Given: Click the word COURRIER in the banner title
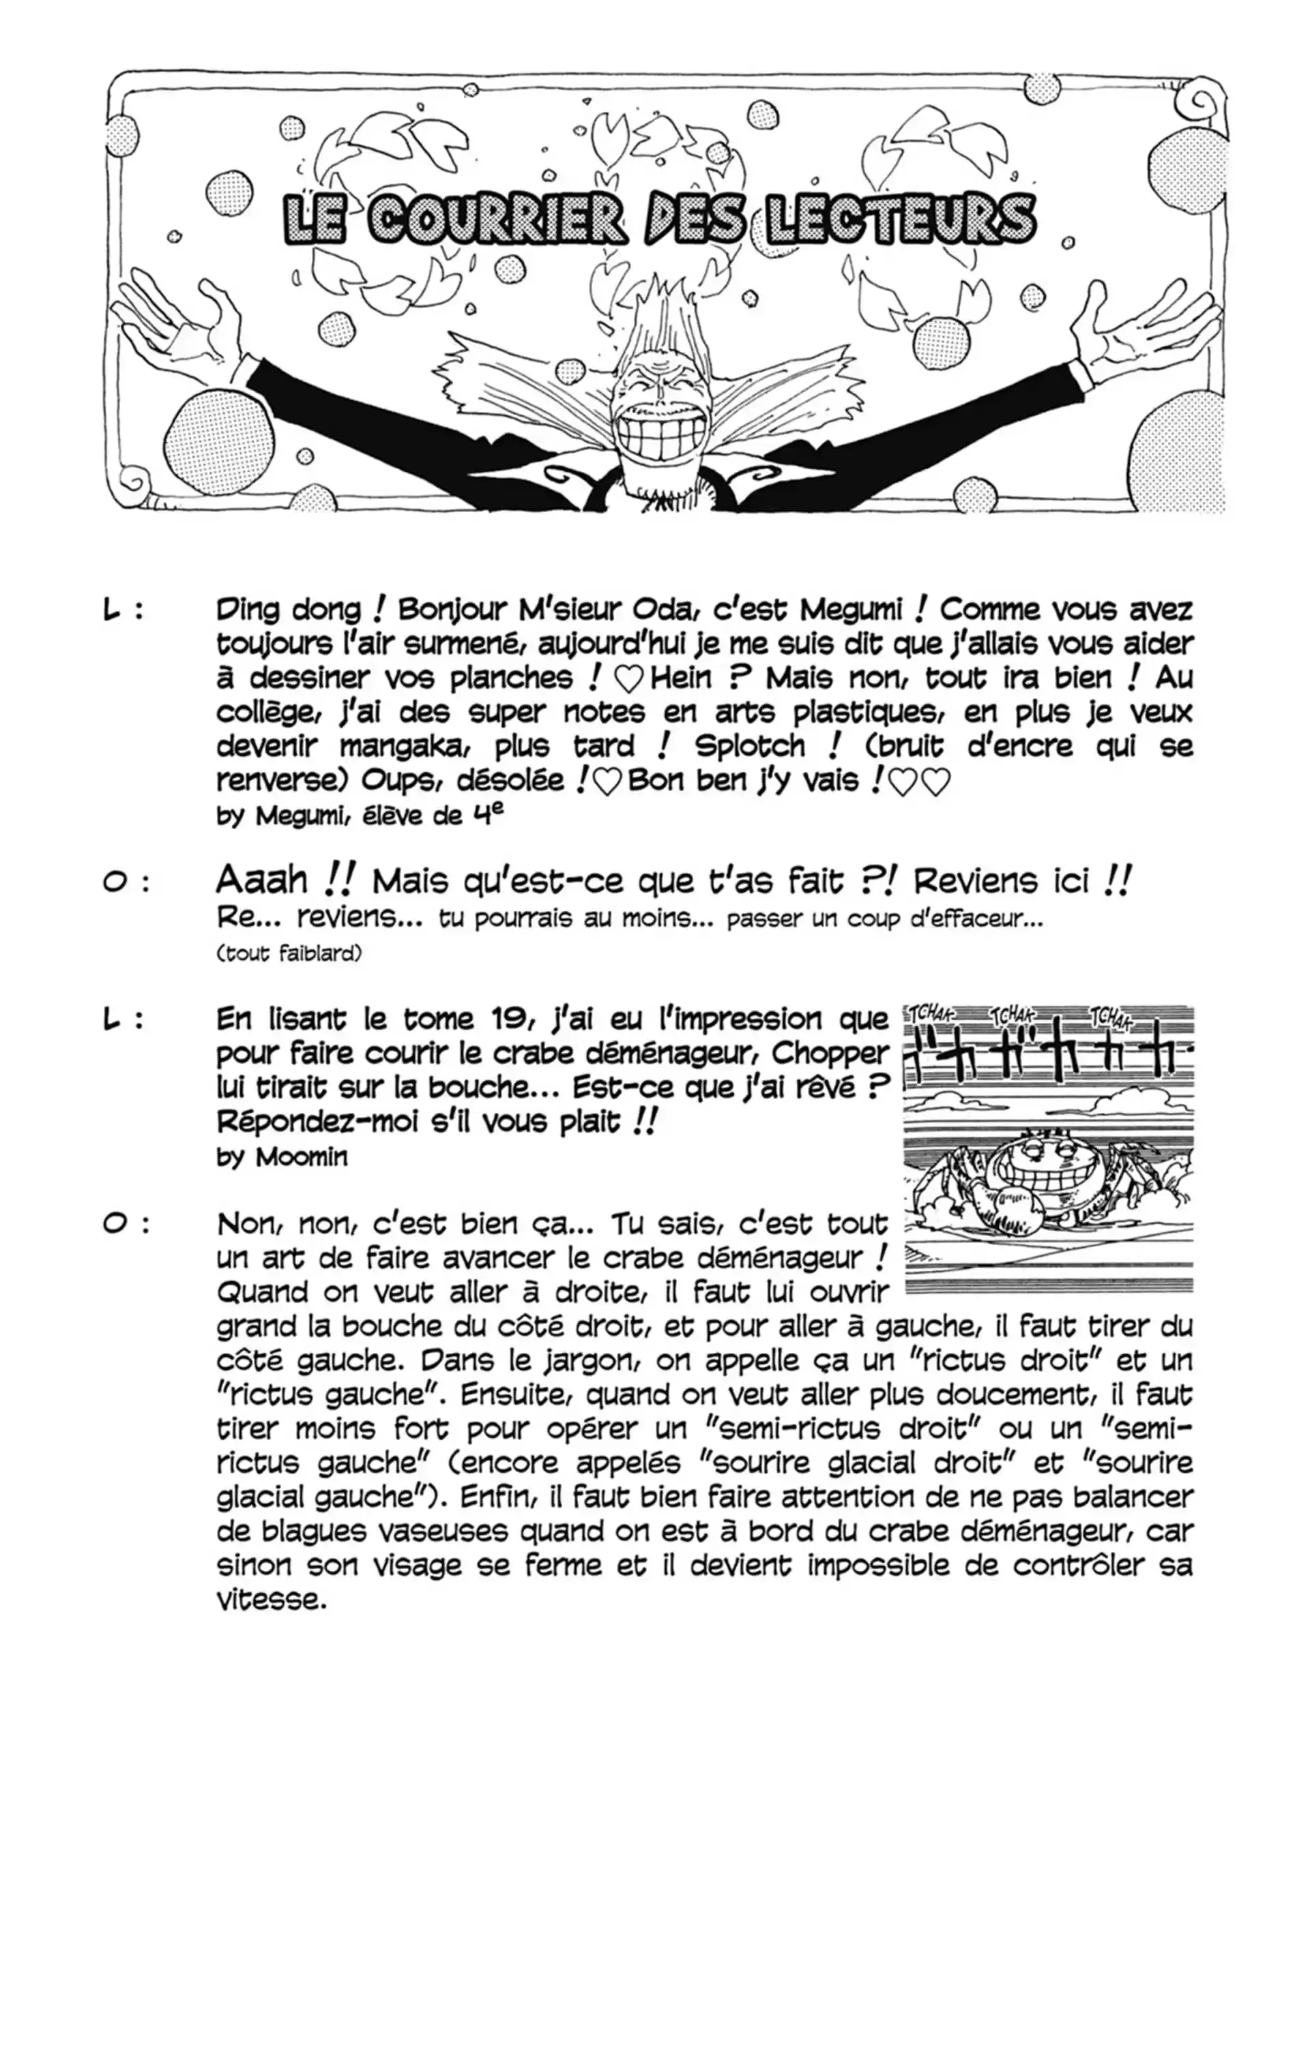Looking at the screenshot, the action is [495, 220].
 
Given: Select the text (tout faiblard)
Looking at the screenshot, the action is [289, 953].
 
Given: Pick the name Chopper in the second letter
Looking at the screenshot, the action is [830, 1054].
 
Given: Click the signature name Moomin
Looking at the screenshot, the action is [302, 1157].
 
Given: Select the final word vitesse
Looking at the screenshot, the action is [272, 1600].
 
